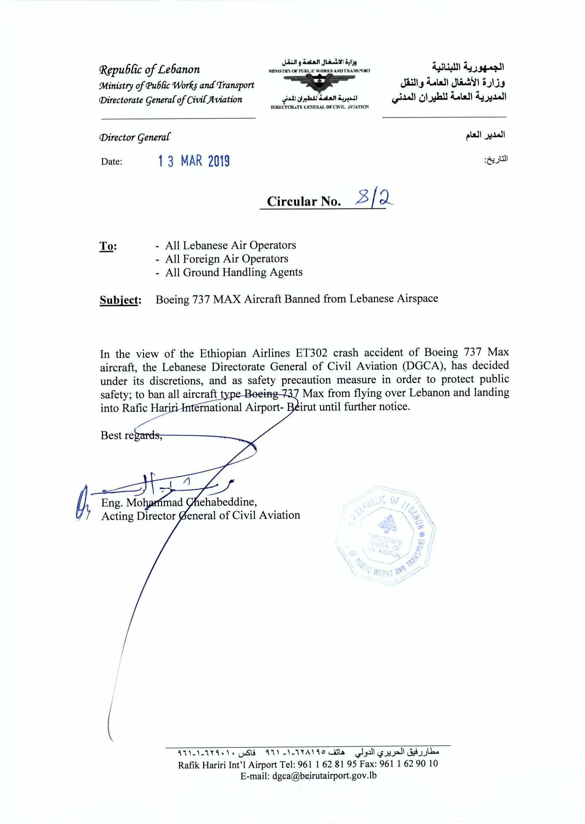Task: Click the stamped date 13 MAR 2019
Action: [x=194, y=161]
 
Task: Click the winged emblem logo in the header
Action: [x=319, y=84]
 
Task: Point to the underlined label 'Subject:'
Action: [x=120, y=300]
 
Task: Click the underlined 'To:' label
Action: [x=108, y=246]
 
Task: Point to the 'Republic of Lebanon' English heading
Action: [x=149, y=70]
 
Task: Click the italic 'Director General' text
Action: [x=135, y=137]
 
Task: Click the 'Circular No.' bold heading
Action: [x=304, y=202]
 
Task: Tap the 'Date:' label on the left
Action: [x=112, y=162]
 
